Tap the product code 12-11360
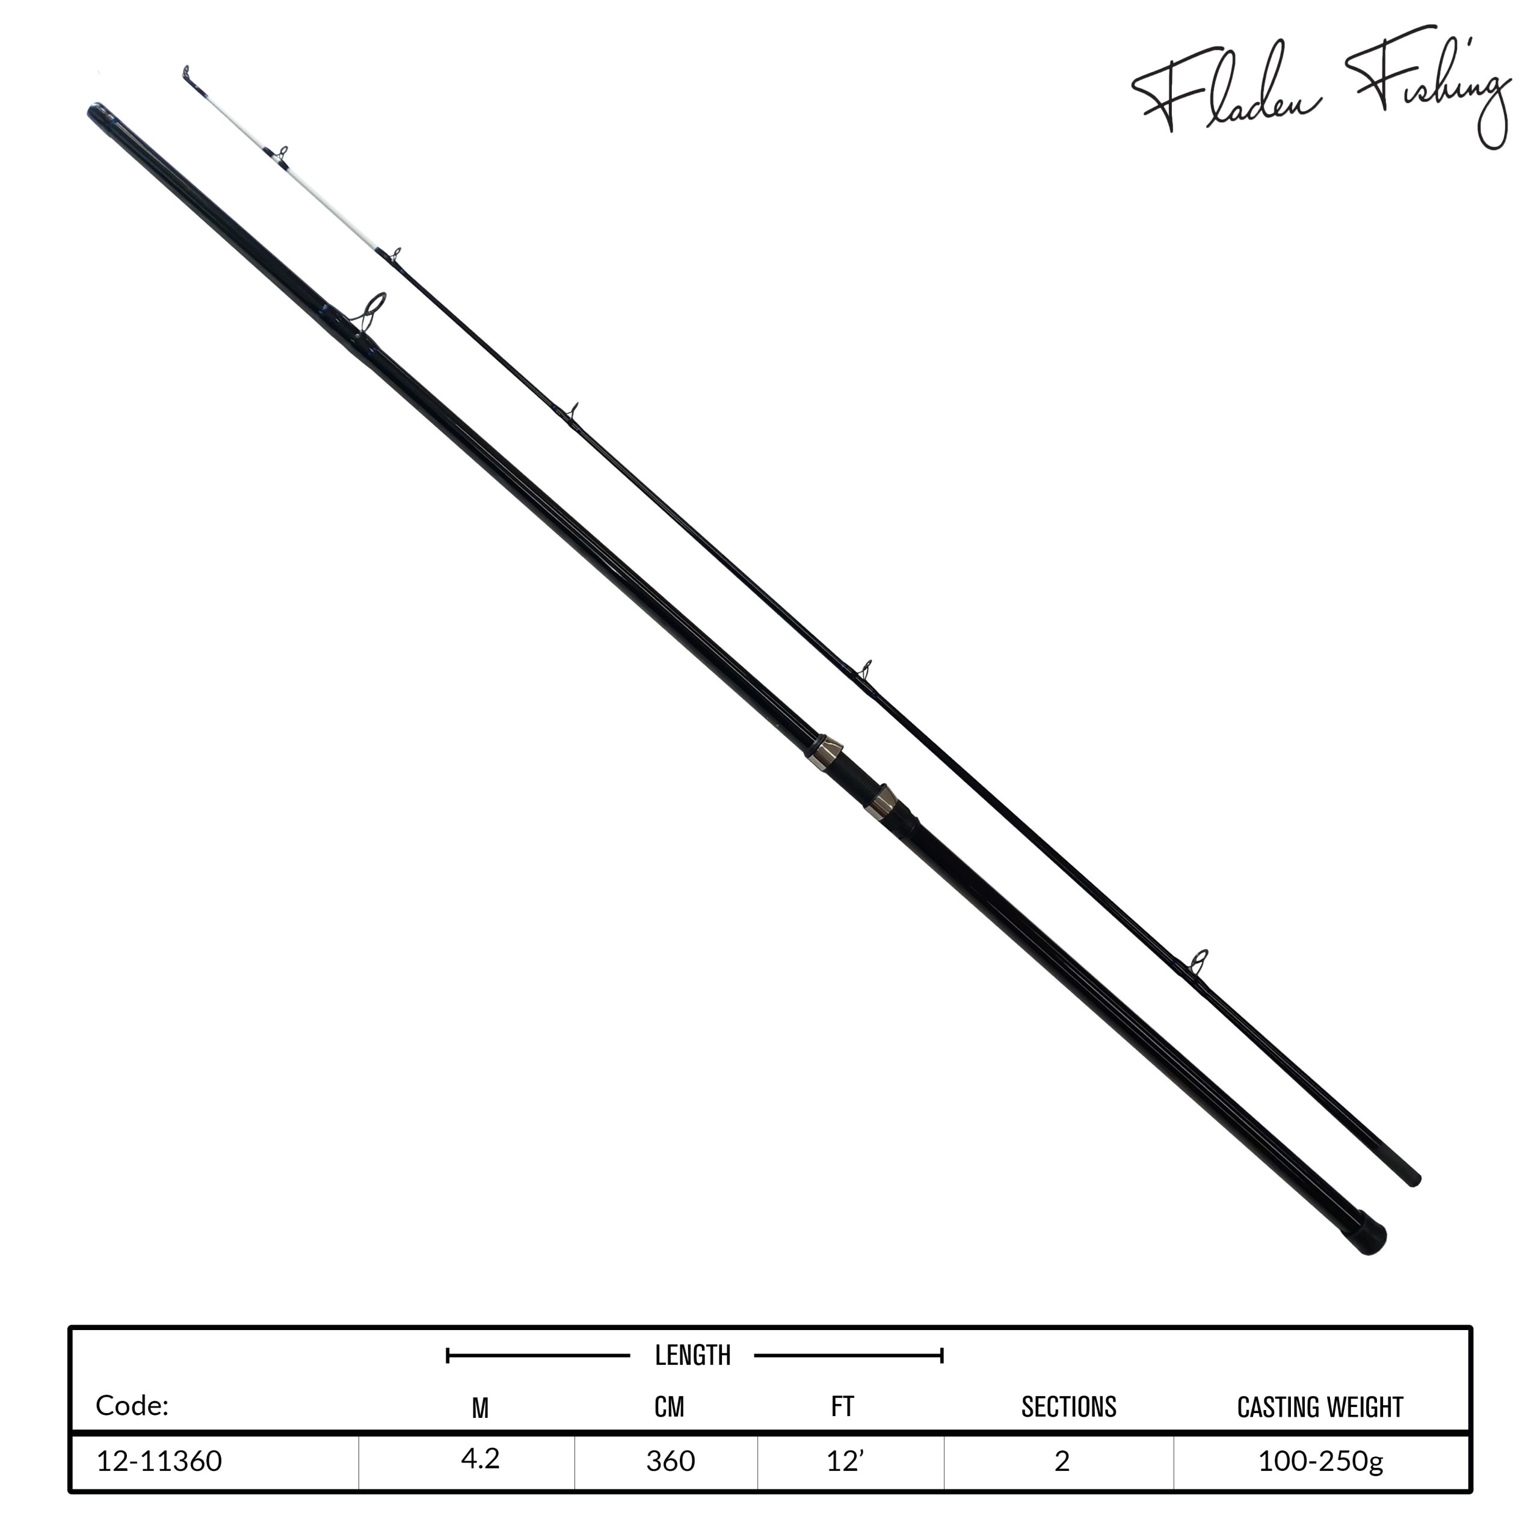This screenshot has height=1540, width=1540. pos(159,1461)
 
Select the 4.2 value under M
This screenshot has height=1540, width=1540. pos(480,1458)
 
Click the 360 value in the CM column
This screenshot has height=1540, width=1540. pos(670,1461)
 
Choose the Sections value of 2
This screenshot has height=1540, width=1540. pos(1062,1461)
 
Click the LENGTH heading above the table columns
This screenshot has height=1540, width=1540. pos(692,1355)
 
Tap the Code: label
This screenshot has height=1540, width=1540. pos(132,1405)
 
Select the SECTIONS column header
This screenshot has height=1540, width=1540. pos(1069,1408)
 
